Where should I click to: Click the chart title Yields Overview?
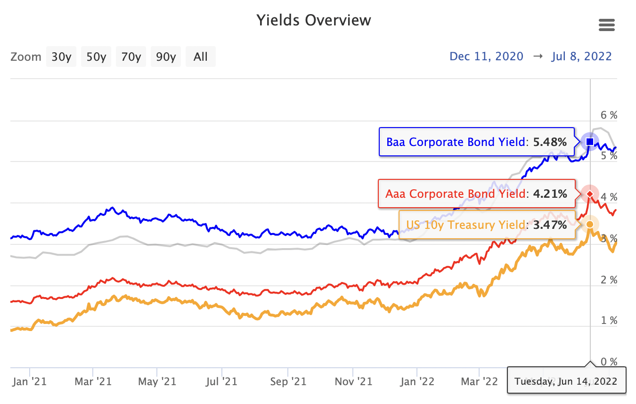click(x=314, y=21)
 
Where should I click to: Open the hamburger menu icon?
click(x=607, y=25)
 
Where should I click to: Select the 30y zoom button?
click(x=61, y=57)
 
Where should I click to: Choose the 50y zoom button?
click(x=96, y=57)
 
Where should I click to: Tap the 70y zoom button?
click(x=131, y=57)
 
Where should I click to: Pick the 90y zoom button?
click(x=166, y=57)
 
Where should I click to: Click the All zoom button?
click(x=200, y=57)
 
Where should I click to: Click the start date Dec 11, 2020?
click(x=486, y=57)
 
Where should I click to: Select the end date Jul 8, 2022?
click(x=581, y=57)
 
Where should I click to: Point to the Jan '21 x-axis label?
click(x=30, y=381)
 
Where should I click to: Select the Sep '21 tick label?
click(x=288, y=381)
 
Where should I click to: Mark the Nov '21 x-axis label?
click(x=353, y=381)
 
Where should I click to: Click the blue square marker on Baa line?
click(x=590, y=141)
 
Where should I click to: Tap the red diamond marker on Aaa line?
click(x=590, y=194)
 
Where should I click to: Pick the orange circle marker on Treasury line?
click(x=590, y=224)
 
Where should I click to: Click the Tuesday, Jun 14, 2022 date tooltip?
click(x=566, y=381)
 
